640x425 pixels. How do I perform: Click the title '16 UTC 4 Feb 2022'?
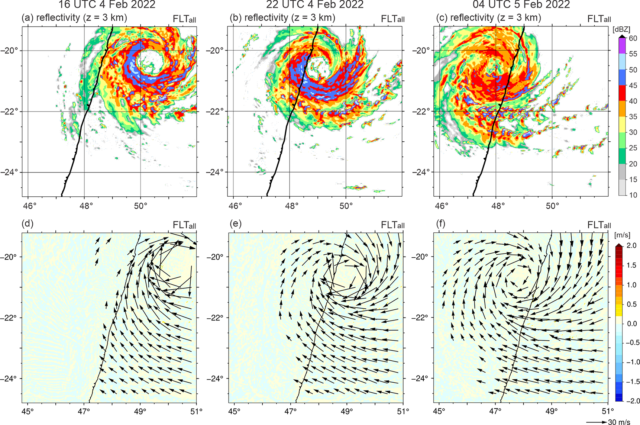[x=107, y=4]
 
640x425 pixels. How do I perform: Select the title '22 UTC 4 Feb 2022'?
[x=315, y=4]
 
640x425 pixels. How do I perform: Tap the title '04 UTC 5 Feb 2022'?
[x=521, y=4]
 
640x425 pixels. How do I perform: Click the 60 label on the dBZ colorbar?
[x=633, y=38]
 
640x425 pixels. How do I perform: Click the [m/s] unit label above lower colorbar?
[x=622, y=235]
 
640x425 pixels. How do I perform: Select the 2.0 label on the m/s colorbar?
[x=632, y=245]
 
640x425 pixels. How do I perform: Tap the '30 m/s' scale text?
[x=619, y=422]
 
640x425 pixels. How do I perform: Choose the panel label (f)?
[x=440, y=224]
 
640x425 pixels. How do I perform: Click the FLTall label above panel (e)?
[x=393, y=225]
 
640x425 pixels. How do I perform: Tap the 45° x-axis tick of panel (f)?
[x=439, y=412]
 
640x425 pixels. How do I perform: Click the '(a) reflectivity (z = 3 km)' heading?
[x=74, y=17]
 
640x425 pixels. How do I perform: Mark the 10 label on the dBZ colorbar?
[x=633, y=195]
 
